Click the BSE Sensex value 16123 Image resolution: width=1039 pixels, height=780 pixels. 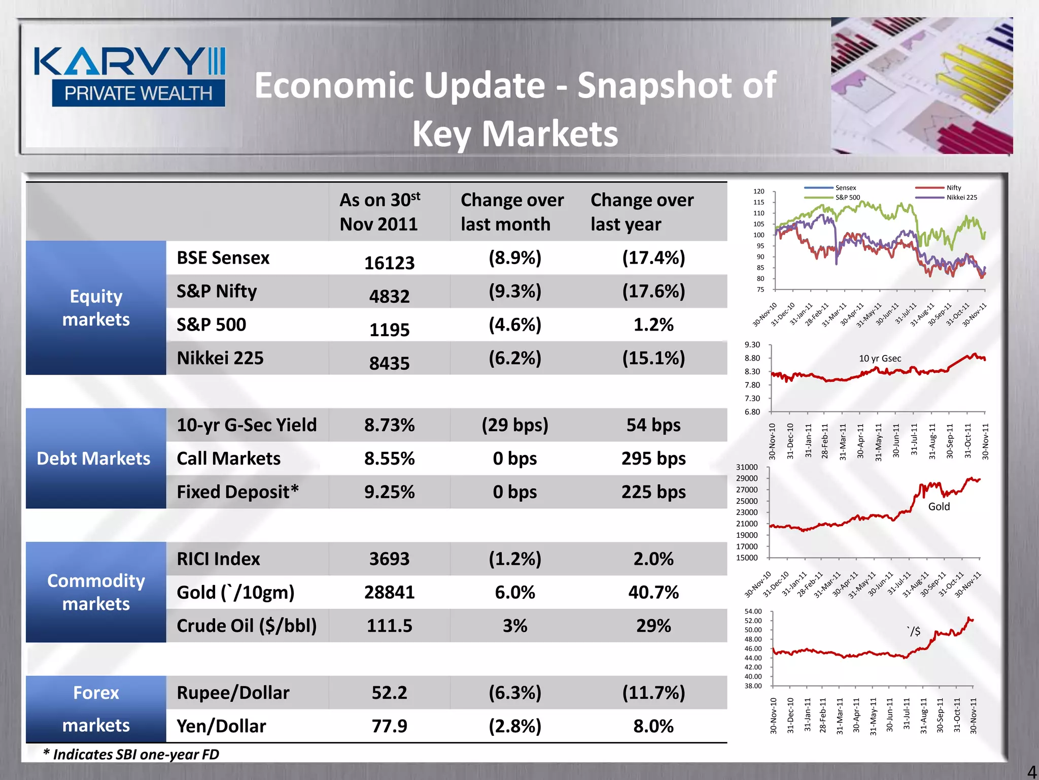(389, 263)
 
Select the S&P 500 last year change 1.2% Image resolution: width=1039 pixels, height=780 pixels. (653, 324)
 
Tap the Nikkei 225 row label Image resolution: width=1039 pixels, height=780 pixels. (220, 358)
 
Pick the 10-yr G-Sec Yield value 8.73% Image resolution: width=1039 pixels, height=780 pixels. (389, 425)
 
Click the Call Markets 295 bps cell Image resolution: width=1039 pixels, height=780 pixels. (653, 459)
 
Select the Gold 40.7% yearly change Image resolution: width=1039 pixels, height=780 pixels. (653, 592)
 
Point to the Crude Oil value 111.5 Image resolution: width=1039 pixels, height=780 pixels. (389, 626)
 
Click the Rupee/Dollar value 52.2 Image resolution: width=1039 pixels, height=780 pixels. (389, 693)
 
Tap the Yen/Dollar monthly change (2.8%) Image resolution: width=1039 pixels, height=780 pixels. (514, 726)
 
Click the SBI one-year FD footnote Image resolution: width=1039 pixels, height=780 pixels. (131, 755)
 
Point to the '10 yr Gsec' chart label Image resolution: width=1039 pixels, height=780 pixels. (880, 359)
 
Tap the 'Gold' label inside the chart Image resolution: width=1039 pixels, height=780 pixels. (939, 506)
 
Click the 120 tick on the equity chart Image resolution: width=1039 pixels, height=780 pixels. (758, 191)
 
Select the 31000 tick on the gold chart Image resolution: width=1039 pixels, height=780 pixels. (746, 467)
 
